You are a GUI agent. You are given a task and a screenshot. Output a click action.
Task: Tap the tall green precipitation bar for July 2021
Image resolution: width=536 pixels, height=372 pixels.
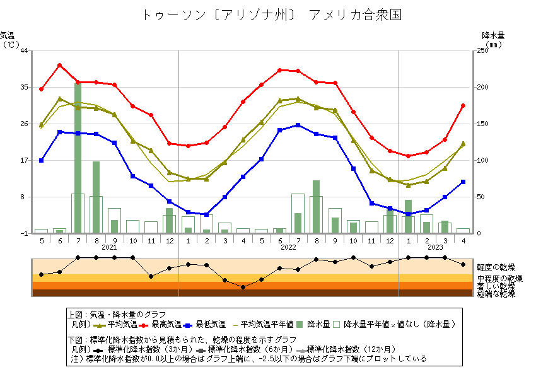coord(78,158)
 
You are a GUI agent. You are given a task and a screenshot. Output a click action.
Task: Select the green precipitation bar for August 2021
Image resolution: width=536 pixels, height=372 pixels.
coord(96,197)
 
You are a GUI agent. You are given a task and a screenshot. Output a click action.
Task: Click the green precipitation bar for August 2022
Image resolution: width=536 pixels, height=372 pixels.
coord(316,206)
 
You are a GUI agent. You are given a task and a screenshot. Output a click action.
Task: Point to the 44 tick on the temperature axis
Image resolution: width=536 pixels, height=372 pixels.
coord(24,50)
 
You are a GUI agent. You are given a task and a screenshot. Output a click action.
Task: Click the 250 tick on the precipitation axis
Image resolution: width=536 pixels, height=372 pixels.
coord(482,50)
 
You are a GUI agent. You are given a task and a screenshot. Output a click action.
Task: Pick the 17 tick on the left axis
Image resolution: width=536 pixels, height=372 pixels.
coord(24,160)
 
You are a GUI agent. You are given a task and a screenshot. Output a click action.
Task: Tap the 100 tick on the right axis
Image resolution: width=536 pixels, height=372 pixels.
coord(482,160)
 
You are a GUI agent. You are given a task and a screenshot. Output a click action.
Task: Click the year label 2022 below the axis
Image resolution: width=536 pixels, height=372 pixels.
coord(289,247)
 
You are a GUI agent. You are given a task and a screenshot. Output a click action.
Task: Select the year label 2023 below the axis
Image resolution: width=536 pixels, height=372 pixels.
coord(435,247)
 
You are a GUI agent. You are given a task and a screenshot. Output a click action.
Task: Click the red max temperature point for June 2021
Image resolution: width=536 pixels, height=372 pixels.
coord(60,65)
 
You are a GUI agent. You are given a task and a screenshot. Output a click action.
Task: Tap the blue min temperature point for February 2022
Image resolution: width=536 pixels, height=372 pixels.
coord(206,214)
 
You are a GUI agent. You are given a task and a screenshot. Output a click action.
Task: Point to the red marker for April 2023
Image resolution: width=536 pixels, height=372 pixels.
coord(463,105)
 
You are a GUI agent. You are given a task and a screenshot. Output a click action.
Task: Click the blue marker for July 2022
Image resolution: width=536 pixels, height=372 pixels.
coord(298,125)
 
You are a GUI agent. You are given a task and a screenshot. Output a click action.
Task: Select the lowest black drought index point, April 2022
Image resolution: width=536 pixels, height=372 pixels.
coord(243,287)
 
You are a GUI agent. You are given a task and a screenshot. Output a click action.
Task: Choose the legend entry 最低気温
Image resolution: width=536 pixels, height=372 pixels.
coord(211,325)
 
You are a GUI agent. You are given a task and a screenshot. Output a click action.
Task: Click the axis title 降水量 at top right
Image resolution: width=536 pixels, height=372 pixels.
coord(492,35)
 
